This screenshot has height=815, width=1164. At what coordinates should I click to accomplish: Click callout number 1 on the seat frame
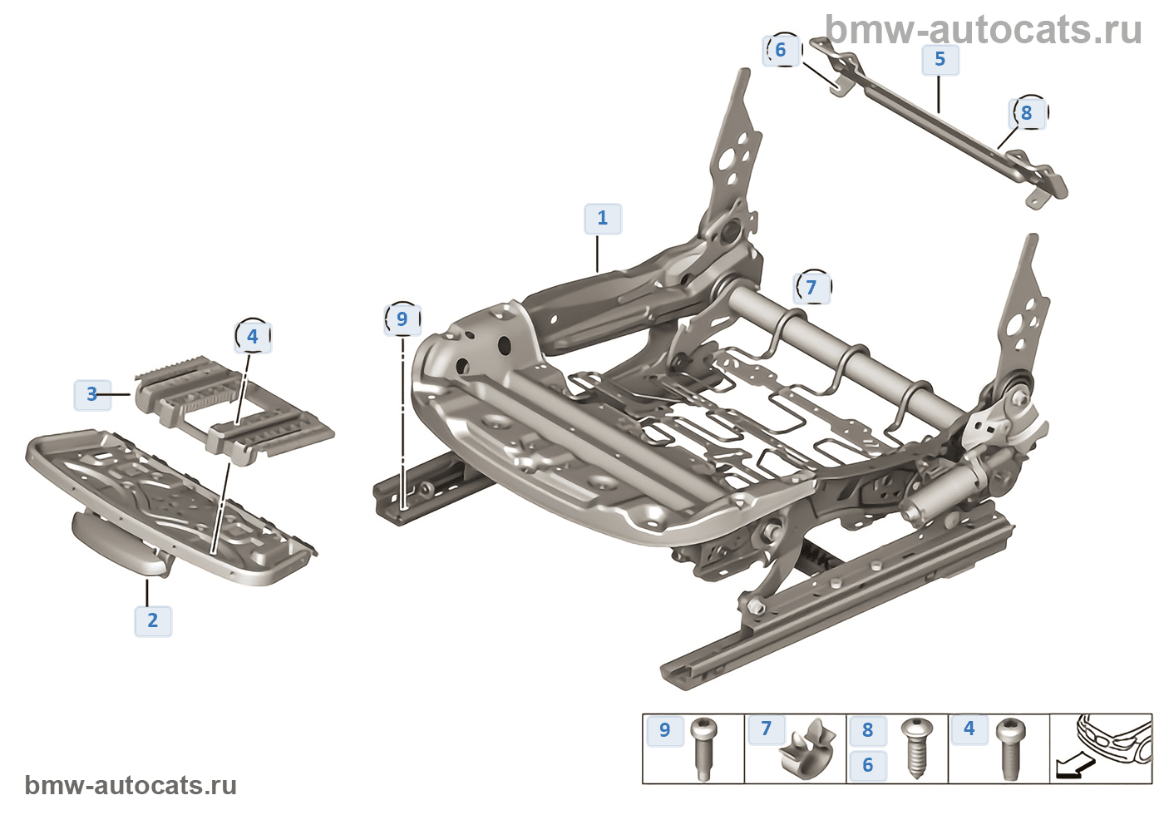(603, 219)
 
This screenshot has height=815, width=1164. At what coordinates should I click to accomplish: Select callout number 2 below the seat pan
(153, 620)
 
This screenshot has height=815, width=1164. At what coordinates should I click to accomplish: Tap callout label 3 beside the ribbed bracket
(92, 394)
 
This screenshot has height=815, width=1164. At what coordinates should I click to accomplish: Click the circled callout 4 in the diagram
(253, 337)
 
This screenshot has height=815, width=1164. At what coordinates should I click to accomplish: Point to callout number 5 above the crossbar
(940, 60)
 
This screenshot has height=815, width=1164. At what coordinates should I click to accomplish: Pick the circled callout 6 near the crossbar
(781, 50)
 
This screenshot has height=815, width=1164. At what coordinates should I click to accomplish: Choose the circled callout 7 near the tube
(811, 288)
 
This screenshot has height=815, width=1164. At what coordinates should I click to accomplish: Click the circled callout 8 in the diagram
(1027, 113)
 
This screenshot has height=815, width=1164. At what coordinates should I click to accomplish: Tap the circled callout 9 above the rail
(402, 319)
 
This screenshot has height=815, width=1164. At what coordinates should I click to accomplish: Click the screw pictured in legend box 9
(703, 748)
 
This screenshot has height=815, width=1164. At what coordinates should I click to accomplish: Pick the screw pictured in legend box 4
(1011, 748)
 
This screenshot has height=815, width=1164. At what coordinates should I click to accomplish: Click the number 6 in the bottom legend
(868, 765)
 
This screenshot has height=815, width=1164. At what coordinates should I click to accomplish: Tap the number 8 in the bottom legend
(868, 730)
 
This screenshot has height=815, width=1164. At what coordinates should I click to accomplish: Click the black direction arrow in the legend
(1070, 768)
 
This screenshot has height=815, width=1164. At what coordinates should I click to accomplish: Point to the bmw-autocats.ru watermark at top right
(984, 30)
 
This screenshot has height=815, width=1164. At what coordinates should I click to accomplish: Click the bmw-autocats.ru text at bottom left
(131, 785)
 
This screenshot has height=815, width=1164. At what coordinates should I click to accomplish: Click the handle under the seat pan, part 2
(121, 545)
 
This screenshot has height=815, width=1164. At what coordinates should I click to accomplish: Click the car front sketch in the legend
(1114, 735)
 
